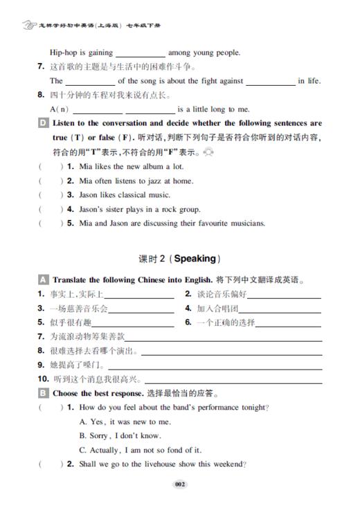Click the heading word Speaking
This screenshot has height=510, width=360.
pyautogui.click(x=195, y=259)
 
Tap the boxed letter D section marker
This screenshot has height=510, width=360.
pyautogui.click(x=43, y=123)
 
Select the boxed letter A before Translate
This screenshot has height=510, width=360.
pyautogui.click(x=43, y=281)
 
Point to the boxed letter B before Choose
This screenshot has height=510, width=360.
pyautogui.click(x=43, y=393)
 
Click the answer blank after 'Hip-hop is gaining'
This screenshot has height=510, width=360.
pyautogui.click(x=140, y=53)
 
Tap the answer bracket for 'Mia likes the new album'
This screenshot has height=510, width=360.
pyautogui.click(x=49, y=167)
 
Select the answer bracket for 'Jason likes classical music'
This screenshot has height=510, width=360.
pyautogui.click(x=49, y=195)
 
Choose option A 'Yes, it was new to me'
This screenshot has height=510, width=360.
pyautogui.click(x=125, y=421)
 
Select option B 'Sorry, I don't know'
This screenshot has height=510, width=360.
pyautogui.click(x=120, y=435)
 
